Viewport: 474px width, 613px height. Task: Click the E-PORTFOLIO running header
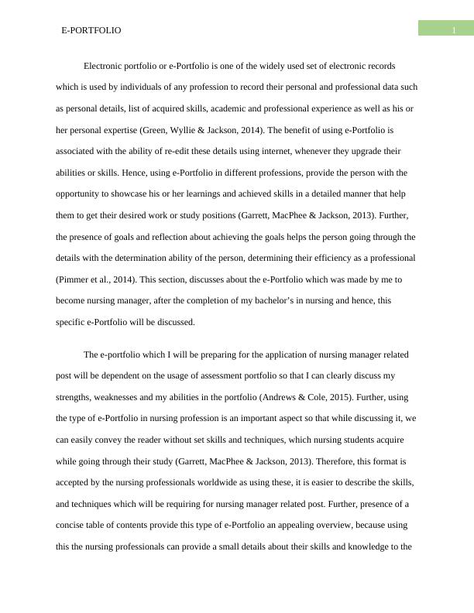tap(91, 30)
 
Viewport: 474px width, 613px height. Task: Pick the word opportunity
tap(77, 193)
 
